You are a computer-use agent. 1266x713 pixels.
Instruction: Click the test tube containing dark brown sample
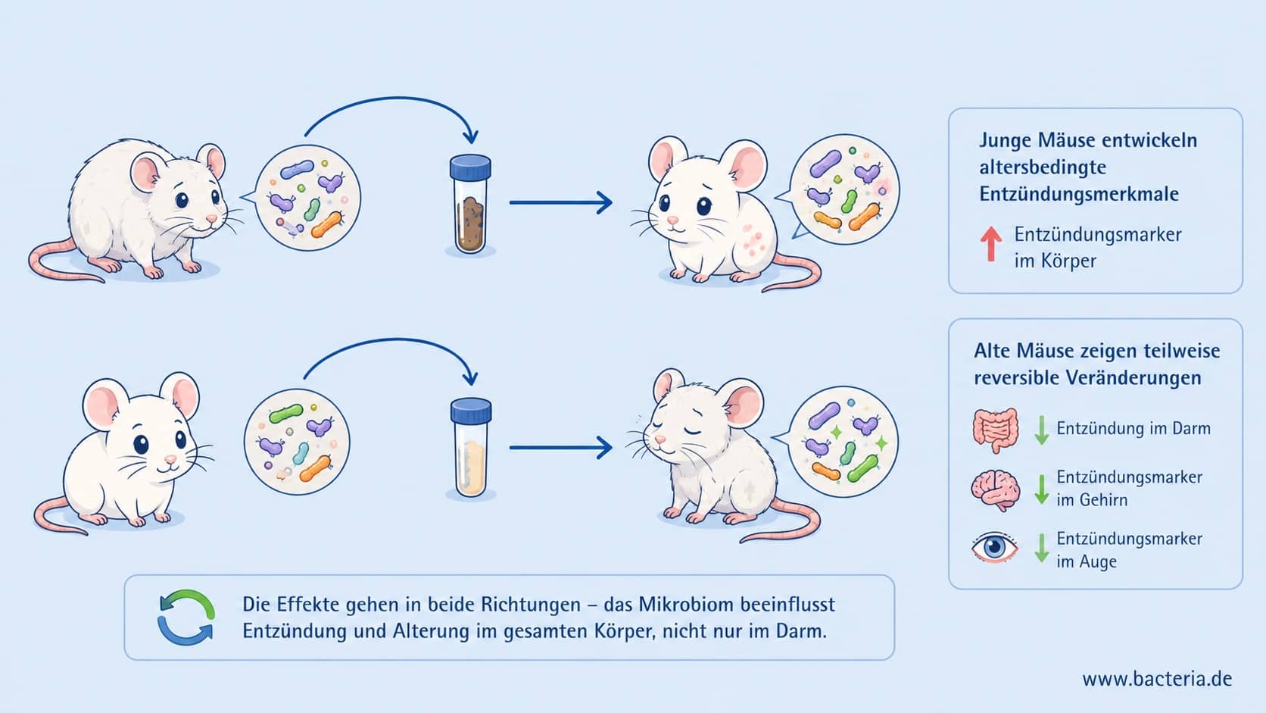pyautogui.click(x=470, y=204)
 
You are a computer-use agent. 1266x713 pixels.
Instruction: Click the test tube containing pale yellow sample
pyautogui.click(x=471, y=447)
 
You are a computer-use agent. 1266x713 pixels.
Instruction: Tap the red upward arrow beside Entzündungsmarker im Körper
pyautogui.click(x=990, y=244)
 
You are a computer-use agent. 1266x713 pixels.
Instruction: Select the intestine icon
pyautogui.click(x=996, y=430)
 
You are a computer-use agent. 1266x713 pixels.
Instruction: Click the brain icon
pyautogui.click(x=996, y=490)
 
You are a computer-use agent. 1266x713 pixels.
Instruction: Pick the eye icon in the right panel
pyautogui.click(x=995, y=547)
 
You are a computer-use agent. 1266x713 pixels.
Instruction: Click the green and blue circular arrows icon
pyautogui.click(x=186, y=618)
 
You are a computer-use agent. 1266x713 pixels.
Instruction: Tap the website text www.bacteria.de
pyautogui.click(x=1157, y=678)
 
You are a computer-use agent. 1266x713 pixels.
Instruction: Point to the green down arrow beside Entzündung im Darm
pyautogui.click(x=1042, y=430)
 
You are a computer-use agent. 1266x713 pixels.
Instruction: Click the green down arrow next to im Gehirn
pyautogui.click(x=1042, y=489)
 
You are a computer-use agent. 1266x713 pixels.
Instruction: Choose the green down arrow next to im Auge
pyautogui.click(x=1042, y=548)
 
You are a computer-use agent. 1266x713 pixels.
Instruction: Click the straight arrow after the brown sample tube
pyautogui.click(x=560, y=202)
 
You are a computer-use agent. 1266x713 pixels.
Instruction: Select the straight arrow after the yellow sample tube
pyautogui.click(x=560, y=448)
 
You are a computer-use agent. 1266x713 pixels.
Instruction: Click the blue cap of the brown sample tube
pyautogui.click(x=470, y=167)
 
